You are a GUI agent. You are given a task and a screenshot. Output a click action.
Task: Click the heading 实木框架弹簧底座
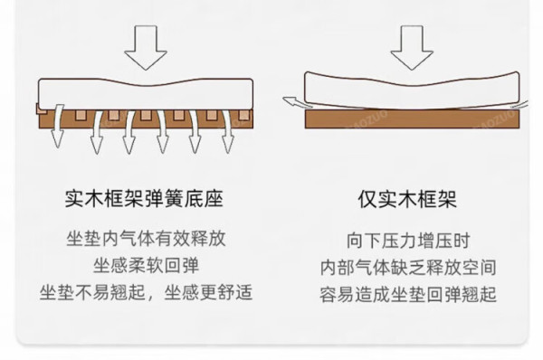[x=144, y=199]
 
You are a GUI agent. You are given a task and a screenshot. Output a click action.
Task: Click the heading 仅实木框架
[x=407, y=199]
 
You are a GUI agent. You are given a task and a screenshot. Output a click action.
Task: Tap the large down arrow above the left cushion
[x=146, y=47]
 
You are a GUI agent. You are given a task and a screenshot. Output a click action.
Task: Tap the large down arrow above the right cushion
[x=412, y=47]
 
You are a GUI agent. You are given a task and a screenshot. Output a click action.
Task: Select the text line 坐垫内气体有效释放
[x=146, y=239]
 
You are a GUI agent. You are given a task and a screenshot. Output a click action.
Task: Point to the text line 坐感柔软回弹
[x=146, y=266]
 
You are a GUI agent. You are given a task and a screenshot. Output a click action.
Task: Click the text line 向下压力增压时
[x=408, y=241]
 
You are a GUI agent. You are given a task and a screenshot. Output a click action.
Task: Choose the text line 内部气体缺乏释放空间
[x=408, y=268]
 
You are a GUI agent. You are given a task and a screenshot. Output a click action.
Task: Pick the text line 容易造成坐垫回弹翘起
[x=408, y=295]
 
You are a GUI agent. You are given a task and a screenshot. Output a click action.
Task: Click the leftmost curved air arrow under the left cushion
[x=58, y=126]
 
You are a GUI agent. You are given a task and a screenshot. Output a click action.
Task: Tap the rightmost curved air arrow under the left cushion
[x=227, y=131]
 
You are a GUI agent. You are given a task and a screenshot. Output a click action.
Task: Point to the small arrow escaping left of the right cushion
[x=294, y=102]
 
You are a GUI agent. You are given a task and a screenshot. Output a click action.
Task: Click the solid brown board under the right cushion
[x=412, y=119]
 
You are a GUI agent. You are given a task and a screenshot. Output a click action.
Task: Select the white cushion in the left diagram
[x=146, y=94]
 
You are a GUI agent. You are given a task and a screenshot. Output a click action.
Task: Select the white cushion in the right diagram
[x=412, y=90]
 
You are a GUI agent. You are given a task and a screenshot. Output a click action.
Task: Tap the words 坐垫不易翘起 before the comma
[x=92, y=292]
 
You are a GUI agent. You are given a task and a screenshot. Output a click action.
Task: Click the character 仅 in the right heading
[x=367, y=199]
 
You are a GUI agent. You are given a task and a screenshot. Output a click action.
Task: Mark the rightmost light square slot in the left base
[x=243, y=115]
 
